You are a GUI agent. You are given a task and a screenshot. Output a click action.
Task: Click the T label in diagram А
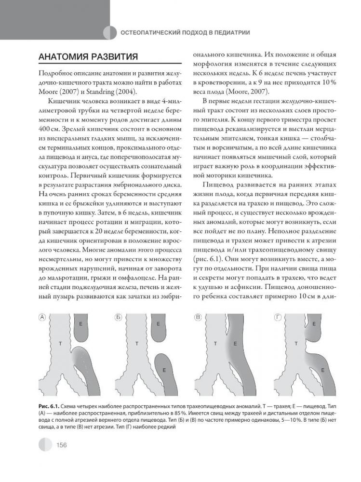click(x=60, y=343)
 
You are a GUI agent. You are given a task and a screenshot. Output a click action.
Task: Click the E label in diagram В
click(x=235, y=344)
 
